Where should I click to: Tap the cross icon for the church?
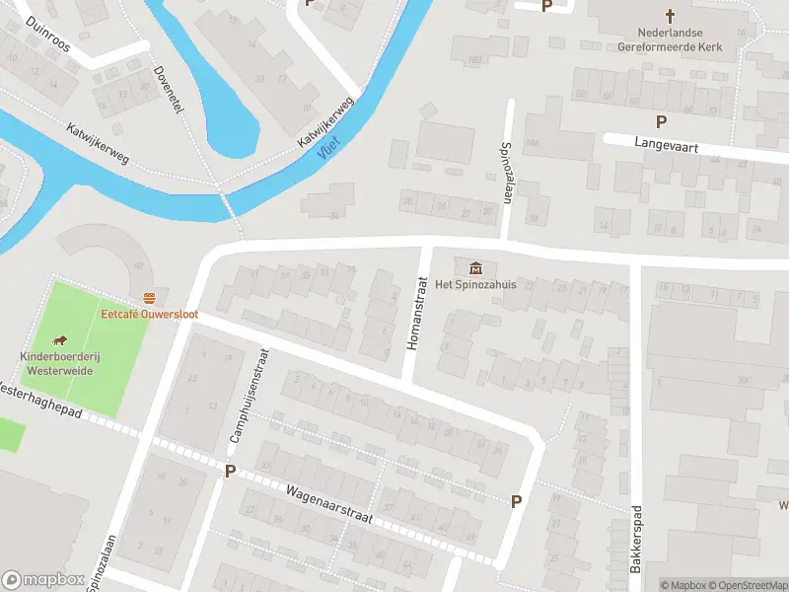coord(670,16)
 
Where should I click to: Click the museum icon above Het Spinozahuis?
coord(476,267)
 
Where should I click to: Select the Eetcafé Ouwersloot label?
coord(149,314)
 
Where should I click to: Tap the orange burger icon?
coord(149,298)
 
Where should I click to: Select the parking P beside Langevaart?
coord(661,122)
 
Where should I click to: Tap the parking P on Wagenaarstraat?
coord(230,472)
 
